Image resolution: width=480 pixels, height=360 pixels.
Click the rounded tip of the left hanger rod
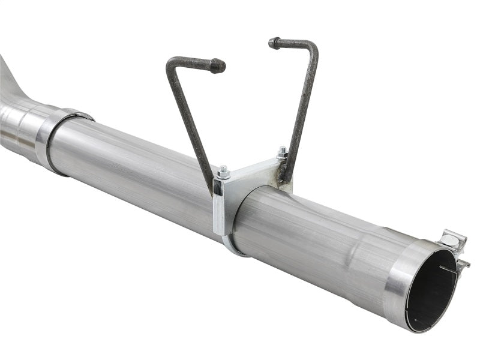coord(219,65)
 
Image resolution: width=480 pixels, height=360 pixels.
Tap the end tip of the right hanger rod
coord(274,43)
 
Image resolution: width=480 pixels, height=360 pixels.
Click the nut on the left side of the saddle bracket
coord(224,172)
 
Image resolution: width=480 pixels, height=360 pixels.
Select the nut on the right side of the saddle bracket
coord(281,152)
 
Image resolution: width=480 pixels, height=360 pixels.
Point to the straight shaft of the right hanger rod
coord(304,108)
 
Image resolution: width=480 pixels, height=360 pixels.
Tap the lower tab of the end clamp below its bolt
coord(463,264)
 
